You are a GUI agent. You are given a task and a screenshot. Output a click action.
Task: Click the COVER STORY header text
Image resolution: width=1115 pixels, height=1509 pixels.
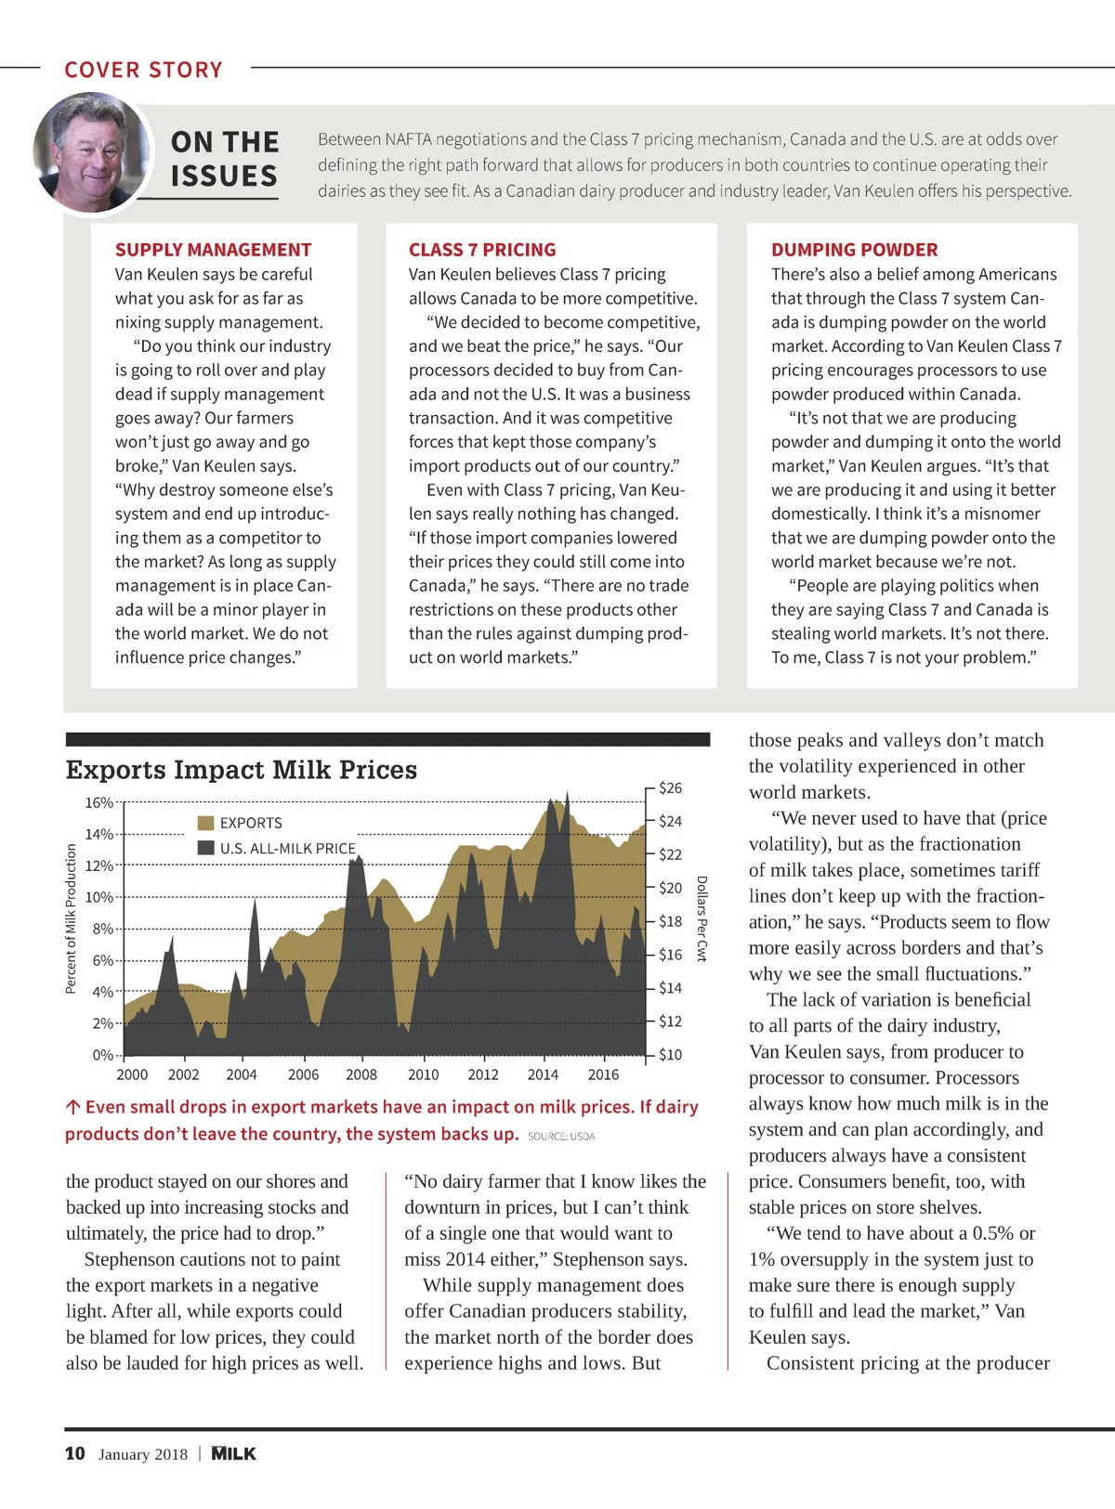point(143,70)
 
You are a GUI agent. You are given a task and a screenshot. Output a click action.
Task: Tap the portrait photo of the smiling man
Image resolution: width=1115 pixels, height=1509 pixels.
point(91,152)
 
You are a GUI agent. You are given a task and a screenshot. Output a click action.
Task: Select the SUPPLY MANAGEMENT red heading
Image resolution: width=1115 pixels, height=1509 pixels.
point(213,250)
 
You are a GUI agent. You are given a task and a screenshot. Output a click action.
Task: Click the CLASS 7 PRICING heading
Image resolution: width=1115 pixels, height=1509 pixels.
point(482,250)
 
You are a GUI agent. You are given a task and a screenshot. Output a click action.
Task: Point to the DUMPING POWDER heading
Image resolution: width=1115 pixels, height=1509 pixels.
point(854,250)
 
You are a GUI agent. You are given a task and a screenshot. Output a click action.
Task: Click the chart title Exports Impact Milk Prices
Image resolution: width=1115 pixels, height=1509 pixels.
point(242,770)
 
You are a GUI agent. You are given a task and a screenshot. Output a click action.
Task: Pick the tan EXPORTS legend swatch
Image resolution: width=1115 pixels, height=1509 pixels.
point(206,823)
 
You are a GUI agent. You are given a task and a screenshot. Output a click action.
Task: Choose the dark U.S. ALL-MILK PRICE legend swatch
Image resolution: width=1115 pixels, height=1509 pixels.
point(206,848)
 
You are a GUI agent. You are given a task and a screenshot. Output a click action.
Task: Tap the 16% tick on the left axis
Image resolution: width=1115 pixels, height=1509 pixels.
point(98,802)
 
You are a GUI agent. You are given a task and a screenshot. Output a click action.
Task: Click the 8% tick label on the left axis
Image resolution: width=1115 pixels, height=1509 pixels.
point(102,929)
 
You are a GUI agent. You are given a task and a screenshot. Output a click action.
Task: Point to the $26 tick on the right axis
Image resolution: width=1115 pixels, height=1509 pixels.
point(670,788)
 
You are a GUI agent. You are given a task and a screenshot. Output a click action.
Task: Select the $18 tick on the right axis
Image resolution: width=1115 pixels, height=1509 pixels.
point(670,921)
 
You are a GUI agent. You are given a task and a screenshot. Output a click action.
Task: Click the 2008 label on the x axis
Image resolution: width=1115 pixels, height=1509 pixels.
point(361,1074)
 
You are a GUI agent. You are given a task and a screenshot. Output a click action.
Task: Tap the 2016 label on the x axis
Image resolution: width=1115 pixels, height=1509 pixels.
point(603,1074)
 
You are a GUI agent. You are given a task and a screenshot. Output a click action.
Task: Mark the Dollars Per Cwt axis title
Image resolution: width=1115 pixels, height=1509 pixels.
point(702,918)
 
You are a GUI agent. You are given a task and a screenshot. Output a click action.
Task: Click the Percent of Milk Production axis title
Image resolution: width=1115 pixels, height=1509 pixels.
point(71,918)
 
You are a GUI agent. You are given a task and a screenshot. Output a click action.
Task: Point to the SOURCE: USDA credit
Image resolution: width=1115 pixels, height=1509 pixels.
point(561,1137)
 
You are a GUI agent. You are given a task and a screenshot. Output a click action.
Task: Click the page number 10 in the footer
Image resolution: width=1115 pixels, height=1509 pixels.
point(75,1453)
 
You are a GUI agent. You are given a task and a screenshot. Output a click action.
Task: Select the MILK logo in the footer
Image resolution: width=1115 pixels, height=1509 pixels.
point(233,1453)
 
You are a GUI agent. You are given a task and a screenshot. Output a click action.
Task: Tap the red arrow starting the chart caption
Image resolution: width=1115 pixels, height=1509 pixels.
point(72,1107)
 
